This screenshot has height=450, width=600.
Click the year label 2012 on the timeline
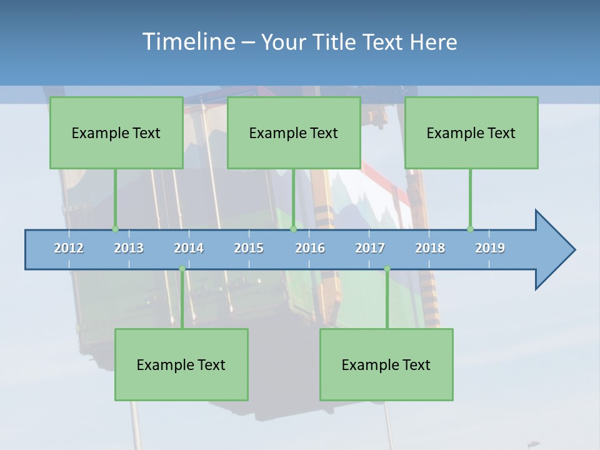pos(69,248)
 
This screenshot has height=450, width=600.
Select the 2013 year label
pos(129,248)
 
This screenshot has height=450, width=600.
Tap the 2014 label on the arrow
pos(189,248)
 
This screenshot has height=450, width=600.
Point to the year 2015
pos(249,248)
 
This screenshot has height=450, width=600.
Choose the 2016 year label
pos(310,248)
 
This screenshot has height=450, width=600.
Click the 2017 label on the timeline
pos(370,248)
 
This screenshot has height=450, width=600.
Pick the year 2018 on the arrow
pos(430,248)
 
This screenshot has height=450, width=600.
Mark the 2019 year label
pos(490,248)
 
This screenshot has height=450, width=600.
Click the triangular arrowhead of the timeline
pos(553,250)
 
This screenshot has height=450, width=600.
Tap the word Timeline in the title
pos(188,42)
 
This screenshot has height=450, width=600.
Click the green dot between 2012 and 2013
pos(115,229)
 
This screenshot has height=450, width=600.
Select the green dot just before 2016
pos(294,229)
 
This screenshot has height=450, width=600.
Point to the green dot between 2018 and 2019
pos(471,229)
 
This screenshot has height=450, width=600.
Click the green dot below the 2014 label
pos(182,269)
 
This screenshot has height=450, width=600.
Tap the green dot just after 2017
pos(387,269)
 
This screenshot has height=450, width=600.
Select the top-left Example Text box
pos(116,133)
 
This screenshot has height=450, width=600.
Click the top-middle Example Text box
pos(294,133)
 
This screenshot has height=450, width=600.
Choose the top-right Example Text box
pos(471,133)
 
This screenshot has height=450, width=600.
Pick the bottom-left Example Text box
pos(181,365)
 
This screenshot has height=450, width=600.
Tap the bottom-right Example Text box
pos(386,365)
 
